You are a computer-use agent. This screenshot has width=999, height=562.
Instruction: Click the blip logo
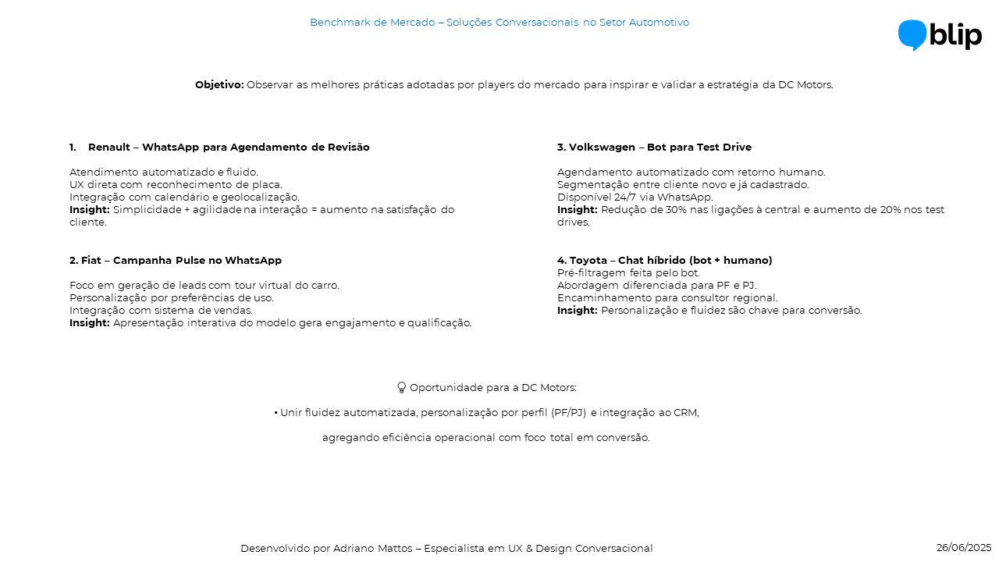click(940, 35)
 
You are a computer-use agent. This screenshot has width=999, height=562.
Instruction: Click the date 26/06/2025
click(963, 547)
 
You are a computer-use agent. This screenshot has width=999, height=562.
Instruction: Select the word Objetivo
click(219, 84)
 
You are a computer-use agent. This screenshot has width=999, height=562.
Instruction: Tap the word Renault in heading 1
click(108, 147)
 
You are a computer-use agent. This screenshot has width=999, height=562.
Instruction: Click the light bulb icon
click(402, 387)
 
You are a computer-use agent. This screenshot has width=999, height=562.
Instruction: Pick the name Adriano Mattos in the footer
click(372, 548)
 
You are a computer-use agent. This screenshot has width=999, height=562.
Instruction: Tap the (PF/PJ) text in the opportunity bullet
click(568, 412)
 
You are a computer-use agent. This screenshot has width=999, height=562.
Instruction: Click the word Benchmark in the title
click(340, 22)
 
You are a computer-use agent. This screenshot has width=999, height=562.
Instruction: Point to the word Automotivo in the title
click(659, 22)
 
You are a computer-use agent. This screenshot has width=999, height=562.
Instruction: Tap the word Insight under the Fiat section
click(89, 322)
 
